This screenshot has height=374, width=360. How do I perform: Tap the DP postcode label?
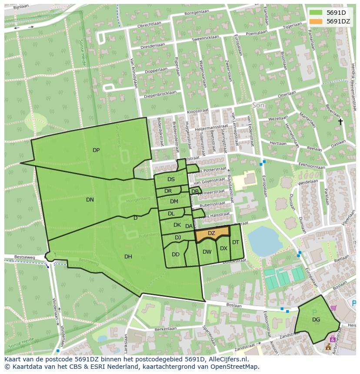tap(96, 150)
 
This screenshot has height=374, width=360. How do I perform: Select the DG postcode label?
tap(316, 320)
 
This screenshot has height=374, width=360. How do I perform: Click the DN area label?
tap(90, 200)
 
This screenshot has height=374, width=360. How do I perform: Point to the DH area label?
tap(128, 257)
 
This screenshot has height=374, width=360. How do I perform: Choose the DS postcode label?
tap(171, 179)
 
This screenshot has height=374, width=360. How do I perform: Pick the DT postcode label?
tap(236, 242)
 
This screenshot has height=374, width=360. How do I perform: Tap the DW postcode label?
tap(207, 252)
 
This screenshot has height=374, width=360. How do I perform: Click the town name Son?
tap(258, 106)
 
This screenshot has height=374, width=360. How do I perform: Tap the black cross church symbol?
tap(340, 122)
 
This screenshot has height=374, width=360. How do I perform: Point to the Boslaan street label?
tap(233, 306)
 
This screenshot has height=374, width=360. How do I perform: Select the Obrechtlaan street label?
tap(150, 26)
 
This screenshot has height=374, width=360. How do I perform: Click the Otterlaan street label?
tap(287, 93)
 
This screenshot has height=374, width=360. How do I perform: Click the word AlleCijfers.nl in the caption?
tap(227, 359)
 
